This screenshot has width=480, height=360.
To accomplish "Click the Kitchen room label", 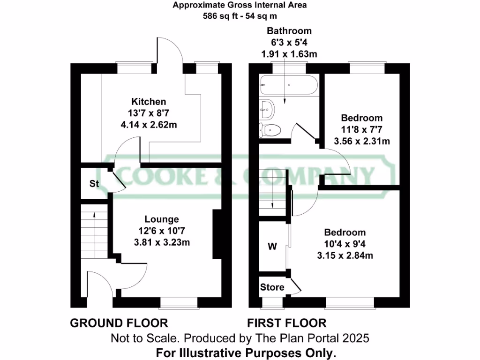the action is click(x=148, y=102).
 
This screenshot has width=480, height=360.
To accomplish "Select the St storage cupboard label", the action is click(x=94, y=184).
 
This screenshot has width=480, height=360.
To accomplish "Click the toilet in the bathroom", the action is click(x=270, y=129).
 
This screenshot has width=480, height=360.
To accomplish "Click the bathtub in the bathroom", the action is click(x=288, y=85).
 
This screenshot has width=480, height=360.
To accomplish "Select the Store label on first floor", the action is click(x=272, y=287).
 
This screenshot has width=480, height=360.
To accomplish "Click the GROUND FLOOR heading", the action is click(x=119, y=323).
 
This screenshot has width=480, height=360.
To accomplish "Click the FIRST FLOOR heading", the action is click(x=287, y=323).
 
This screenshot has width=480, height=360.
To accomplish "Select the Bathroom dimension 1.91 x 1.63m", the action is click(x=289, y=54).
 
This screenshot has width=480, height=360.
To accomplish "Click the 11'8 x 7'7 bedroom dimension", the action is click(x=361, y=129).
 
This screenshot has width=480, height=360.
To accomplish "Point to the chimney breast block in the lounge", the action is click(x=217, y=235).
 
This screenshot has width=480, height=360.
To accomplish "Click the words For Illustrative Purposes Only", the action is click(x=246, y=352).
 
